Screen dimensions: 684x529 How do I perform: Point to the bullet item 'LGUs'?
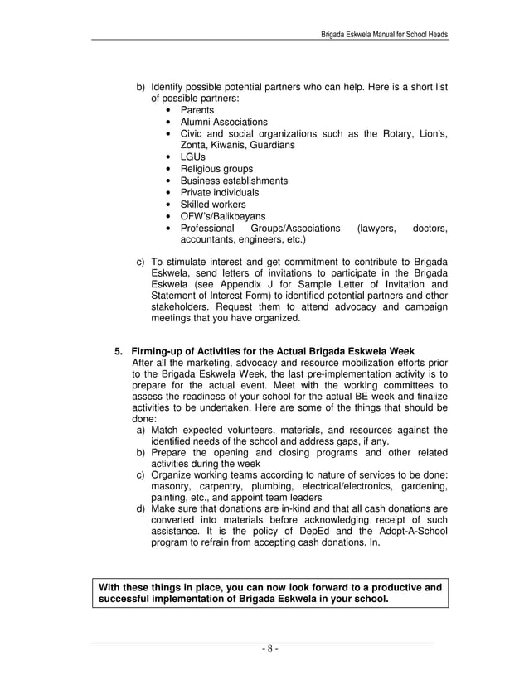tap(193, 157)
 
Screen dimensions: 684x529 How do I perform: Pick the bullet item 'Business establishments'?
tap(235, 181)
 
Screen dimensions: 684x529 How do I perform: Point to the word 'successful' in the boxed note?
tap(124, 600)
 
